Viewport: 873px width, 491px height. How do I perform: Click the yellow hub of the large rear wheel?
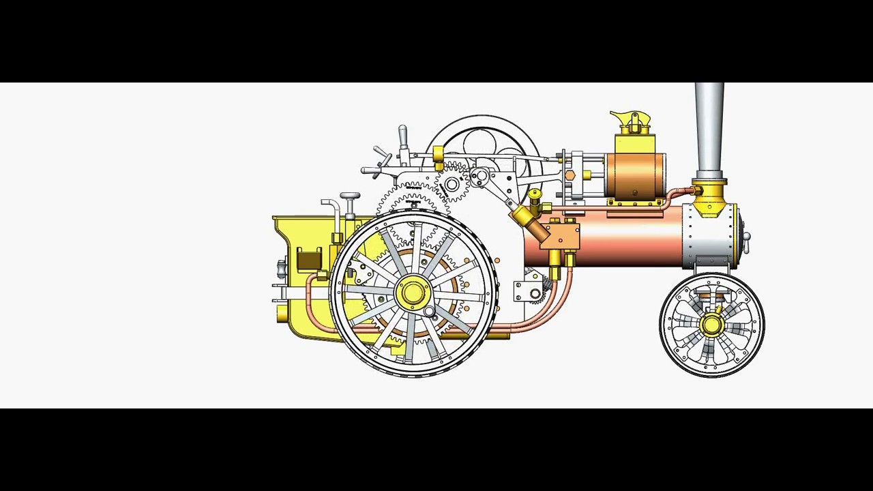click(x=413, y=293)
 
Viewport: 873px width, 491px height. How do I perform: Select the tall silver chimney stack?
click(x=709, y=130)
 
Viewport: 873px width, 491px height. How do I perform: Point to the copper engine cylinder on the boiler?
click(x=634, y=177)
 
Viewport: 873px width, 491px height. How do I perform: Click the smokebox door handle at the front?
click(x=746, y=238)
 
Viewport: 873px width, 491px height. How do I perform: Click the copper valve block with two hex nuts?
click(x=563, y=235)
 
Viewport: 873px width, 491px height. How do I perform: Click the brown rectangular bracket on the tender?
click(x=309, y=260)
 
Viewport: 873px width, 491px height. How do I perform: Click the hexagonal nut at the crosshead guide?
click(x=570, y=176)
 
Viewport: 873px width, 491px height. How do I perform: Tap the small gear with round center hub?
click(x=451, y=184)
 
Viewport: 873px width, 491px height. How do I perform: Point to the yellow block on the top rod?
click(x=439, y=156)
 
